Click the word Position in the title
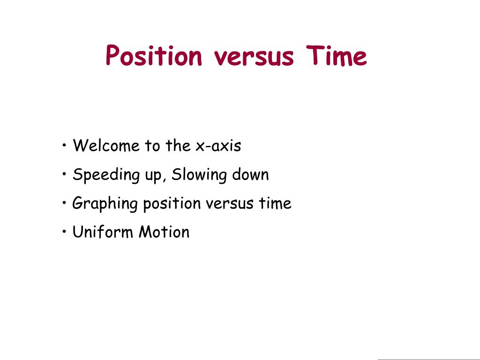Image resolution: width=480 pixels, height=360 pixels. [x=154, y=56]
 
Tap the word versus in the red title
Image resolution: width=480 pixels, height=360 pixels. [x=254, y=57]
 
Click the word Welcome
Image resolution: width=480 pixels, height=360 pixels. [x=106, y=146]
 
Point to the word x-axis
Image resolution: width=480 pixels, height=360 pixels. [x=218, y=146]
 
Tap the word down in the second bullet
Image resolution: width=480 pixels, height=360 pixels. [x=250, y=174]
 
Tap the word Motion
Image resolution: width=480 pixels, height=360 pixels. [x=164, y=232]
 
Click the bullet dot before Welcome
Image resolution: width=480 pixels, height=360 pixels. [x=64, y=145]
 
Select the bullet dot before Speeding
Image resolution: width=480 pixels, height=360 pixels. [x=64, y=174]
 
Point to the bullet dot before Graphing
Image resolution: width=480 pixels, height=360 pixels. [x=64, y=203]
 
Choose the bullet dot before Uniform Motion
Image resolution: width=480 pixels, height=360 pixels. [x=64, y=232]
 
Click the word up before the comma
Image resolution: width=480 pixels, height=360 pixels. [x=153, y=177]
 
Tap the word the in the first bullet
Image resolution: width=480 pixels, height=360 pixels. [x=178, y=146]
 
